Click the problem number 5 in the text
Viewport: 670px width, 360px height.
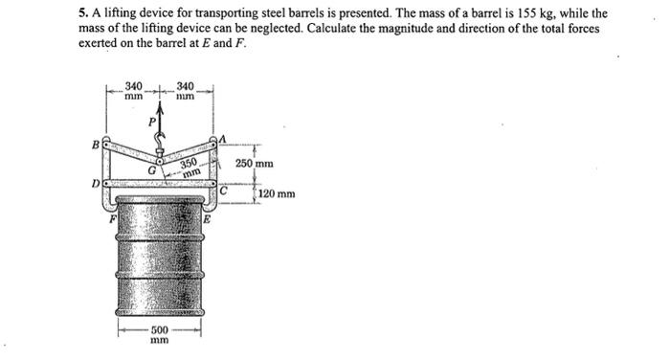tap(80, 15)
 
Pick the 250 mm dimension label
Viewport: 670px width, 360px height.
tap(256, 164)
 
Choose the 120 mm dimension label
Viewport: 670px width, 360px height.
tap(277, 194)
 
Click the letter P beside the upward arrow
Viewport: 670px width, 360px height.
tap(150, 122)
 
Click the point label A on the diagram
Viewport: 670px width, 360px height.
tap(223, 139)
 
